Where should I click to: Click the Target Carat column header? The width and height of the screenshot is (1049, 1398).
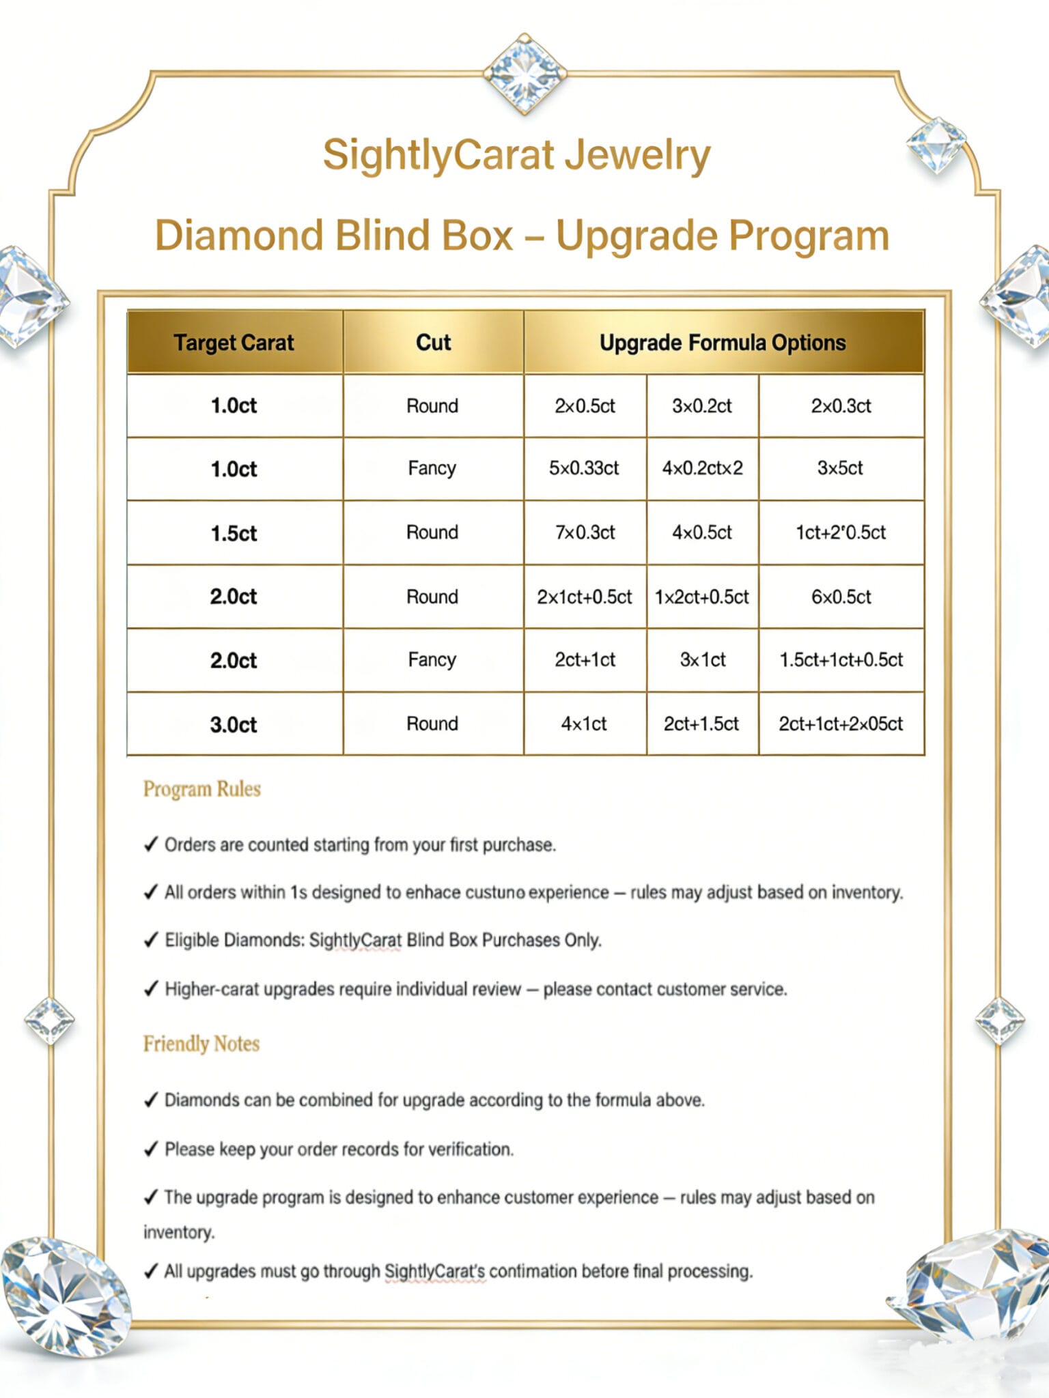click(234, 342)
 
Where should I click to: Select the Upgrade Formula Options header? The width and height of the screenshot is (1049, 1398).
click(723, 342)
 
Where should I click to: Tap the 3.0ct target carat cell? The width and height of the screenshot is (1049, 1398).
click(234, 724)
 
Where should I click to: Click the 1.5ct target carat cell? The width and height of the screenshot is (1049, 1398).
click(234, 533)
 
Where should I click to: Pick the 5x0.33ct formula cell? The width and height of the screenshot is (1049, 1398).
click(584, 468)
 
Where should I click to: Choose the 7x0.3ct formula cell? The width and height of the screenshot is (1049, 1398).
click(585, 532)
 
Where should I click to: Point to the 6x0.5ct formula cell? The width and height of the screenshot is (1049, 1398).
click(841, 597)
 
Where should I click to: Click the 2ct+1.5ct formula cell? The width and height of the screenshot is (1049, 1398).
click(701, 724)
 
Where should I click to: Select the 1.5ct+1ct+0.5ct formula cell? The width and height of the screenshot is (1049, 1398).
click(841, 660)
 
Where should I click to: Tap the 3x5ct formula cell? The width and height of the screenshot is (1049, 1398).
click(840, 468)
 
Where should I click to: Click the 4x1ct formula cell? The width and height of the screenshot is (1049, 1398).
click(584, 724)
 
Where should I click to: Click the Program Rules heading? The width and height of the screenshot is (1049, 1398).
click(202, 789)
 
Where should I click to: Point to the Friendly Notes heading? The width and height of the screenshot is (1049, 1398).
click(201, 1044)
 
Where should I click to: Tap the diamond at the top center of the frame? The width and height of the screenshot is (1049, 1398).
click(524, 72)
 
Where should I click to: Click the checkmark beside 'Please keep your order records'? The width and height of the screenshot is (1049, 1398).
click(151, 1150)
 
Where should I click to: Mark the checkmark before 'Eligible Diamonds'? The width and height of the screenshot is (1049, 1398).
click(151, 941)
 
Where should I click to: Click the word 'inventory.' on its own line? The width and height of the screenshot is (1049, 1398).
click(179, 1232)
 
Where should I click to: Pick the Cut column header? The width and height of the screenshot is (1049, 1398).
click(433, 342)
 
